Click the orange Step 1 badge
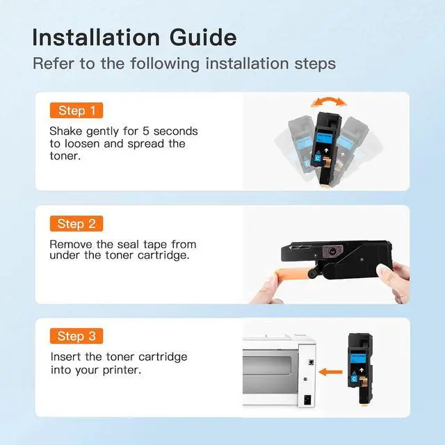click(76, 111)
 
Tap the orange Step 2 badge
click(76, 224)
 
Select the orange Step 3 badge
click(76, 336)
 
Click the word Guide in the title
click(203, 37)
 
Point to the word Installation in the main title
click(96, 37)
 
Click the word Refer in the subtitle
click(54, 63)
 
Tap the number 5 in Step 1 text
click(146, 131)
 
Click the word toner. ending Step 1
click(65, 156)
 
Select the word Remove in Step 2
click(71, 244)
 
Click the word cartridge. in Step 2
click(163, 255)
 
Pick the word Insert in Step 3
click(65, 357)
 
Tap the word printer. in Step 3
click(122, 370)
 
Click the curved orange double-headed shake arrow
click(329, 101)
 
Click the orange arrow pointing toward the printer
click(330, 372)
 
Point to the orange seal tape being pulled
click(292, 275)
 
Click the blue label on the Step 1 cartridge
click(324, 139)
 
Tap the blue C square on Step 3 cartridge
click(354, 379)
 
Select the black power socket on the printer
click(307, 400)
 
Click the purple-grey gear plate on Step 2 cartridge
click(332, 250)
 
